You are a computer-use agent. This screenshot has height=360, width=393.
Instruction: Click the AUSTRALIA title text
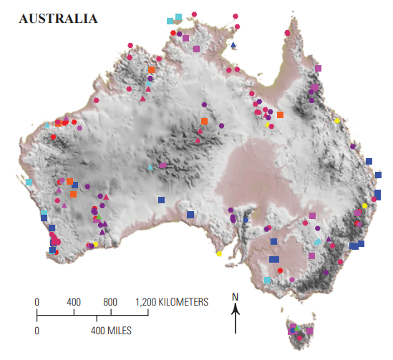57,18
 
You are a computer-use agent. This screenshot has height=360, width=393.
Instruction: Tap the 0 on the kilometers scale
37,302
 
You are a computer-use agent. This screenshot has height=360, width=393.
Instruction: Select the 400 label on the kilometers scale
73,302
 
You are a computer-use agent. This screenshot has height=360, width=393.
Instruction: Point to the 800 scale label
110,302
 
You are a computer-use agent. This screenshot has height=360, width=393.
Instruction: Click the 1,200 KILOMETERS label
172,302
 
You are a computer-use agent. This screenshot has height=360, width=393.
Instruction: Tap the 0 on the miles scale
37,331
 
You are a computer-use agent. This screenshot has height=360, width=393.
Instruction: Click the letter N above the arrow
235,296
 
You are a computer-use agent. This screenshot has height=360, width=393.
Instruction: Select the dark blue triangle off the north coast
233,45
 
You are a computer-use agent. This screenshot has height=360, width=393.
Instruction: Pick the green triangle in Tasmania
299,329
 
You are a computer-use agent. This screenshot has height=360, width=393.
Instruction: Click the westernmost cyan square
29,182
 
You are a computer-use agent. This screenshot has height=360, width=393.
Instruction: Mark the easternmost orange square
280,115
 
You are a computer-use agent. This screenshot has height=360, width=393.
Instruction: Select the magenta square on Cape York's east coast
319,69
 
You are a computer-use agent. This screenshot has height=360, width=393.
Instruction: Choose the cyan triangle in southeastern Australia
318,242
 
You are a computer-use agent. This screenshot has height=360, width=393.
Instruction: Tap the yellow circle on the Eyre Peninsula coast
219,253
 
